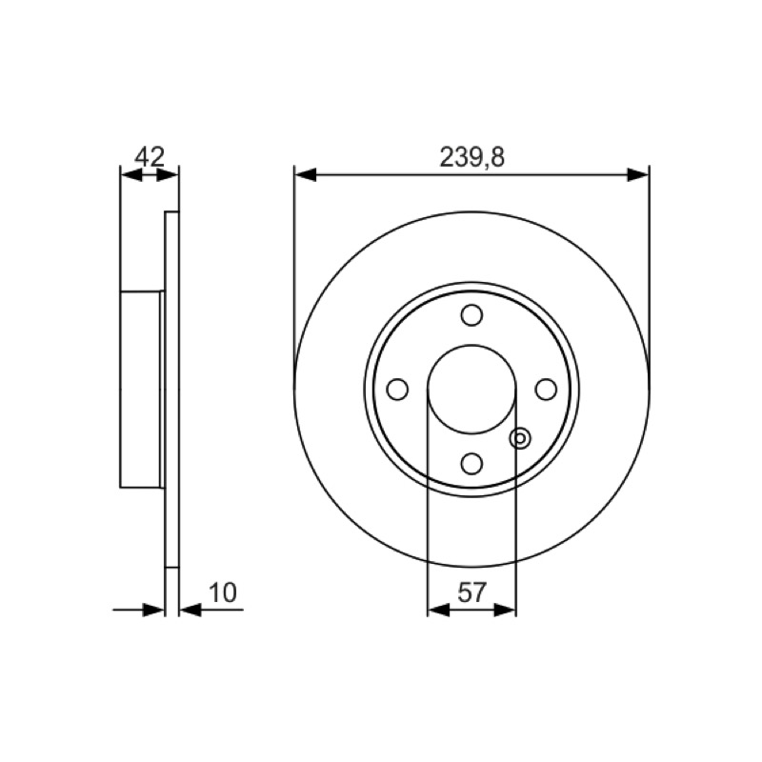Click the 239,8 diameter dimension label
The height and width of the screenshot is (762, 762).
pyautogui.click(x=471, y=157)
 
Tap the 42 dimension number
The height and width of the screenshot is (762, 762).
pyautogui.click(x=150, y=156)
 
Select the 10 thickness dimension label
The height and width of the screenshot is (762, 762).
pyautogui.click(x=223, y=592)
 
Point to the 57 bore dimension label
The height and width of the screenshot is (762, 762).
pyautogui.click(x=471, y=592)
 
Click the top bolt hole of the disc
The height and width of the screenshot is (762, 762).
pyautogui.click(x=471, y=315)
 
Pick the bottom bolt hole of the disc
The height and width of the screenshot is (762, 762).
pyautogui.click(x=471, y=464)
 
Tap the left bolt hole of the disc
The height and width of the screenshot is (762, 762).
pyautogui.click(x=397, y=390)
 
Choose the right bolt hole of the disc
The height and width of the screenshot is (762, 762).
pyautogui.click(x=546, y=390)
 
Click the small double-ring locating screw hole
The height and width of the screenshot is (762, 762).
pyautogui.click(x=520, y=439)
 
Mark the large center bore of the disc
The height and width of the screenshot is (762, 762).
pyautogui.click(x=471, y=390)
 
